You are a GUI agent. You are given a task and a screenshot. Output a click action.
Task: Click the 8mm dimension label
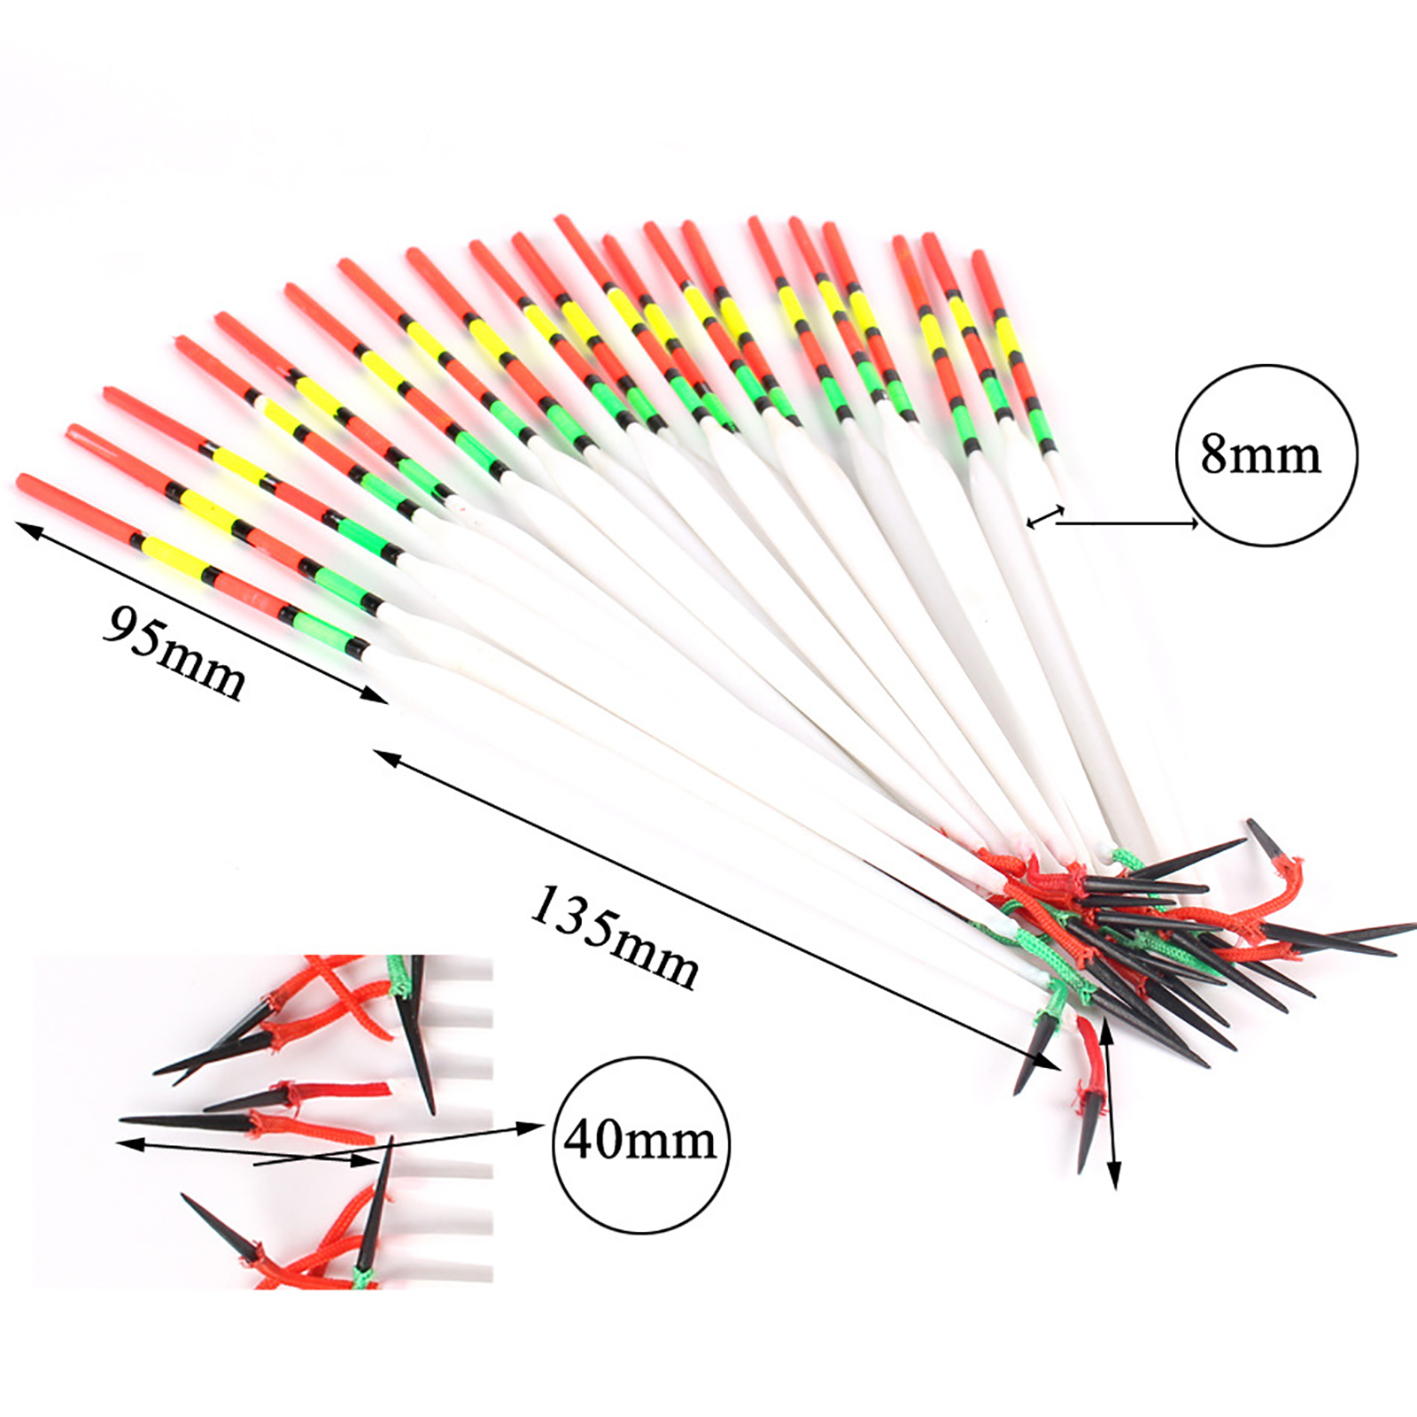tap(1260, 454)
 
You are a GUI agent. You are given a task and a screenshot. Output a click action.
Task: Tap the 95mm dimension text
tap(174, 653)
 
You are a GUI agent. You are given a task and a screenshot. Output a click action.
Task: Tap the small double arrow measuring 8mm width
tap(1045, 516)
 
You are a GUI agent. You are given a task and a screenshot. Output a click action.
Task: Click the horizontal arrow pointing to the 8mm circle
tap(1127, 523)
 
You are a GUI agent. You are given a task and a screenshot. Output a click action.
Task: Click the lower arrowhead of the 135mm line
tap(1049, 1061)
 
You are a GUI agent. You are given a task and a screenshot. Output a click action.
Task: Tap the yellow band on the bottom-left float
tap(172, 557)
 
